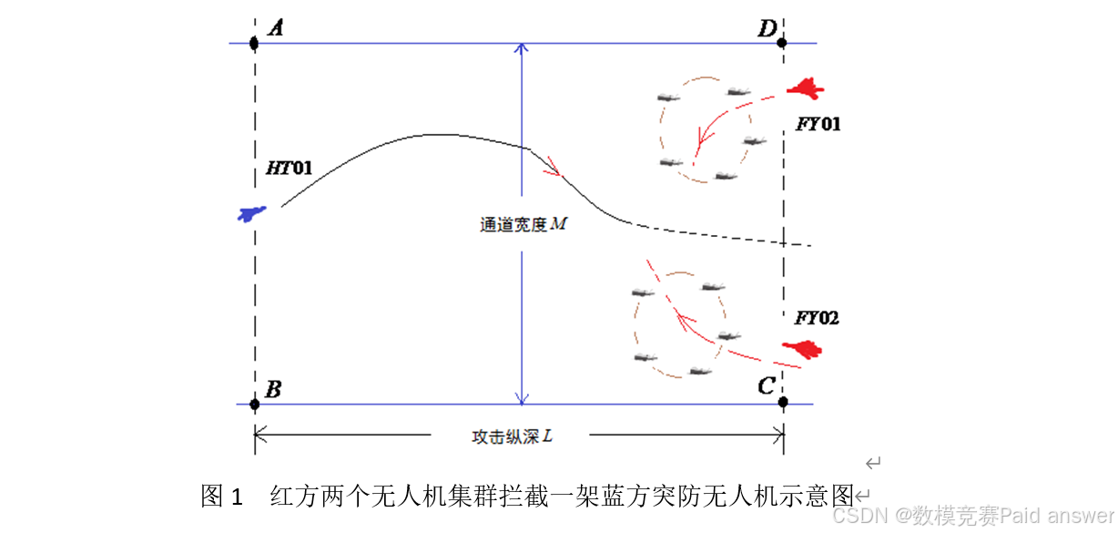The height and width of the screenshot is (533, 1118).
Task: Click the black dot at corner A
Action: click(x=254, y=43)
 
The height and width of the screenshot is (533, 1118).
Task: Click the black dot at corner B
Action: click(x=254, y=404)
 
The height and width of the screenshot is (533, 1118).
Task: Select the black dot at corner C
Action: click(x=783, y=402)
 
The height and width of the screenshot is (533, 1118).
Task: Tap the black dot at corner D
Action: click(x=782, y=42)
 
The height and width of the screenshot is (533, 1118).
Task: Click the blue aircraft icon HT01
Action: click(x=250, y=213)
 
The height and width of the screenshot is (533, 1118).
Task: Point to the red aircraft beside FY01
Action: click(x=806, y=88)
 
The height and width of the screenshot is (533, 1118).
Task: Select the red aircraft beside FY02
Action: click(x=803, y=347)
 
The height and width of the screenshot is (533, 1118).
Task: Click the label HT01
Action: click(x=290, y=168)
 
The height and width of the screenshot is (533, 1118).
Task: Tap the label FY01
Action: click(x=818, y=124)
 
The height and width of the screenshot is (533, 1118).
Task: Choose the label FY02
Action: click(x=817, y=318)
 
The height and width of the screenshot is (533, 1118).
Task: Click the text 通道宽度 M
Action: click(x=523, y=223)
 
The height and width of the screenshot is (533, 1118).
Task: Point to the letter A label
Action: click(x=275, y=28)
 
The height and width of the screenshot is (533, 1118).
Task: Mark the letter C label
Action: click(x=766, y=386)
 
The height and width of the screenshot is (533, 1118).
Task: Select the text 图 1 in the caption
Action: click(x=222, y=497)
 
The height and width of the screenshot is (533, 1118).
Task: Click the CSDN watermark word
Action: click(x=859, y=516)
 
